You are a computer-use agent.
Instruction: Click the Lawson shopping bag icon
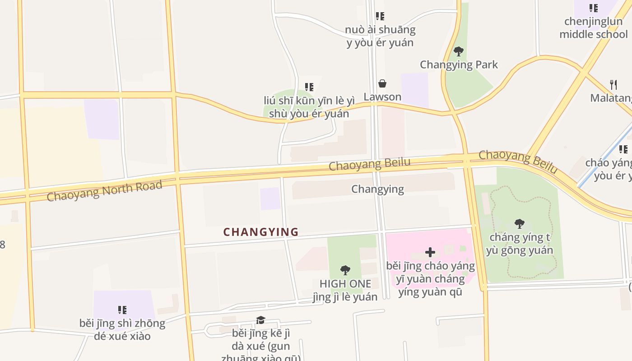(x=382, y=83)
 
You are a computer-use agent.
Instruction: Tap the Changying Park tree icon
(x=459, y=51)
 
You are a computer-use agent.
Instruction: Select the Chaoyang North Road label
(x=104, y=190)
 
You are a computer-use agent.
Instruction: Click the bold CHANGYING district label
(x=261, y=232)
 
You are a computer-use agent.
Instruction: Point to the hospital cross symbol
(x=430, y=252)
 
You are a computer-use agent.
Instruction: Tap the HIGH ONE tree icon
(x=345, y=270)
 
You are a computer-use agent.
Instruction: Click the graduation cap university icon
(x=260, y=320)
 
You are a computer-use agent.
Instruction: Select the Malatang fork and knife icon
(x=613, y=84)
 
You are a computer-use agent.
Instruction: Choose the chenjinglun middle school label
(x=593, y=28)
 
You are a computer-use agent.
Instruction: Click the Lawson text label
(x=382, y=97)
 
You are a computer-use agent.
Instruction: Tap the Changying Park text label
(x=459, y=65)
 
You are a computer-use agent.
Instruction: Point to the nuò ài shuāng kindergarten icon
(x=380, y=16)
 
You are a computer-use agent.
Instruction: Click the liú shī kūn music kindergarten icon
(x=309, y=87)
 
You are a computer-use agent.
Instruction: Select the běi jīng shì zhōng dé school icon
(x=122, y=310)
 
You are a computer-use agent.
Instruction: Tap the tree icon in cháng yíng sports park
(x=520, y=223)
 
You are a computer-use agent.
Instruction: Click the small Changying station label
(x=377, y=189)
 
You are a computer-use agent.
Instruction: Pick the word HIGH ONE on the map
(x=345, y=284)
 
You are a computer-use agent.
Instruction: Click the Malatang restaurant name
(x=611, y=98)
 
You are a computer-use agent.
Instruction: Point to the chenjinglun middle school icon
(x=593, y=8)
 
